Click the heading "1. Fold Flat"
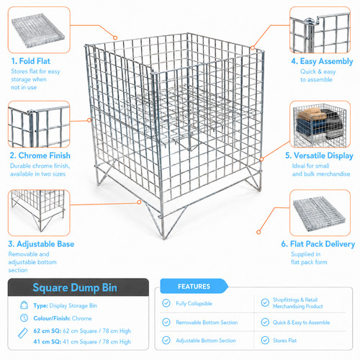pyautogui.click(x=31, y=61)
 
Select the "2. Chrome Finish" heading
pyautogui.click(x=40, y=156)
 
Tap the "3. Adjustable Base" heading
pyautogui.click(x=41, y=244)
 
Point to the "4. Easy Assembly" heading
pyautogui.click(x=322, y=61)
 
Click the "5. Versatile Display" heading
pyautogui.click(x=319, y=156)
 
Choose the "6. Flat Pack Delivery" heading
pyautogui.click(x=318, y=244)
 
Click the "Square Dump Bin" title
pyautogui.click(x=75, y=287)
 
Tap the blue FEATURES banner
pyautogui.click(x=194, y=286)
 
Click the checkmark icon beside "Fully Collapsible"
pyautogui.click(x=166, y=303)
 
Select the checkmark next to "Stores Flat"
pyautogui.click(x=265, y=340)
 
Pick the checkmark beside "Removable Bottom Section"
pyautogui.click(x=166, y=322)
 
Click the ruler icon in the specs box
pyautogui.click(x=23, y=333)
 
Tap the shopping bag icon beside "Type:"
pyautogui.click(x=24, y=305)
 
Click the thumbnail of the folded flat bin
pyautogui.click(x=39, y=30)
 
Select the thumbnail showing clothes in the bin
pyautogui.click(x=320, y=125)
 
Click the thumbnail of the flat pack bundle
pyautogui.click(x=320, y=213)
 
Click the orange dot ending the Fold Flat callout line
pyautogui.click(x=115, y=37)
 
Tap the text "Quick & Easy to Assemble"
pyautogui.click(x=301, y=323)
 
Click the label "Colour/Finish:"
pyautogui.click(x=52, y=318)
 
